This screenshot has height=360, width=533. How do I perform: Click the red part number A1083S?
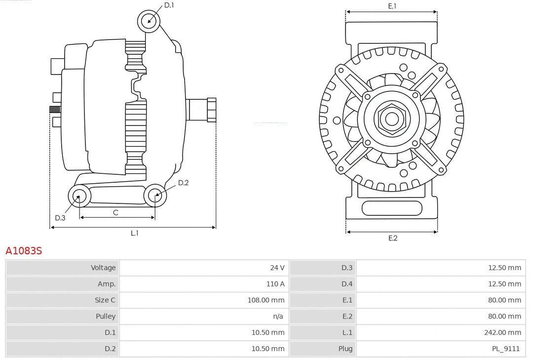tap(24, 251)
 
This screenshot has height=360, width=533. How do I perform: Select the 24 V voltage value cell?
tap(277, 268)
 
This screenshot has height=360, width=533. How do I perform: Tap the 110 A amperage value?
tap(275, 284)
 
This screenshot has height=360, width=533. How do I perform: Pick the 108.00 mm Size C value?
tap(266, 300)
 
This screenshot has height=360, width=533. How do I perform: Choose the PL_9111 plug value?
tap(505, 349)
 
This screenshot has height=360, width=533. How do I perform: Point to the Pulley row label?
tap(106, 316)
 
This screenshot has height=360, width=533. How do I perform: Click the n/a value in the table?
tap(278, 316)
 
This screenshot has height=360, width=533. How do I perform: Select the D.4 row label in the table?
tap(347, 284)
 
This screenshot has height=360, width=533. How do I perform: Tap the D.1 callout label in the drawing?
tap(169, 5)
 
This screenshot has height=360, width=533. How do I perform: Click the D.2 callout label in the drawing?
tap(183, 183)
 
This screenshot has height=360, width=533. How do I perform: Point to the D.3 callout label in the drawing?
tap(60, 218)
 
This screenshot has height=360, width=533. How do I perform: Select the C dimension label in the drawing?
tap(115, 213)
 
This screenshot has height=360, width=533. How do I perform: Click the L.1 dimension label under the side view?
tap(134, 233)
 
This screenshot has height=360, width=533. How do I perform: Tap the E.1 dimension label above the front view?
tap(392, 6)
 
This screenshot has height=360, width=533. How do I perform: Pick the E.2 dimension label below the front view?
tap(392, 238)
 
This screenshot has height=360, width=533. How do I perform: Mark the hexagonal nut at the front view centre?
tap(392, 119)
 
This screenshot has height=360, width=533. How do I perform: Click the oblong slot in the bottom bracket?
tap(392, 208)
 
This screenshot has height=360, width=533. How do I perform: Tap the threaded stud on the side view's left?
tap(55, 109)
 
